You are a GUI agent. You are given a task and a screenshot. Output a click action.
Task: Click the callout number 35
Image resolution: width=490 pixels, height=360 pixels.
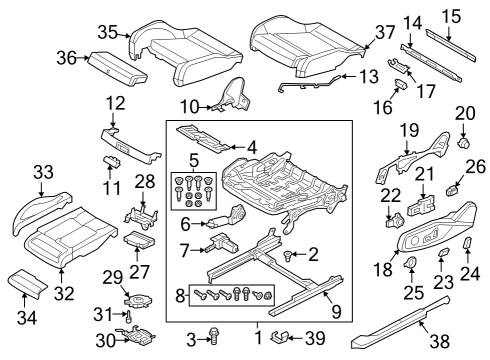point(107,33)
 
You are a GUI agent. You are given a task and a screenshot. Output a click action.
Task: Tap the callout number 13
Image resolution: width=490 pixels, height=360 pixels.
point(369,76)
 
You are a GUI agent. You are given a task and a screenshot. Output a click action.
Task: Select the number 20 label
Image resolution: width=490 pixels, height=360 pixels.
point(465,113)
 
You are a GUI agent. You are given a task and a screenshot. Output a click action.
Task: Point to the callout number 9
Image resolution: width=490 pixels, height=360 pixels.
point(336,311)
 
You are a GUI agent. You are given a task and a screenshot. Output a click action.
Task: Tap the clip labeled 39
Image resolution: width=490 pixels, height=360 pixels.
point(279,337)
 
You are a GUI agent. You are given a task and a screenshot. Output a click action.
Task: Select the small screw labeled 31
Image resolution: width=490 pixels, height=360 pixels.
point(129,316)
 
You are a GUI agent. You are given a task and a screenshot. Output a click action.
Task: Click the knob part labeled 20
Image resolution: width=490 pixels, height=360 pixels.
point(463,143)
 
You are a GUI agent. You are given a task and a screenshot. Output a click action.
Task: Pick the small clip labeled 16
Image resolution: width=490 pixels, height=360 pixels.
point(400,83)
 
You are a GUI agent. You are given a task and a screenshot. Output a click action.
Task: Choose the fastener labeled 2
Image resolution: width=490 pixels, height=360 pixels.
point(287,256)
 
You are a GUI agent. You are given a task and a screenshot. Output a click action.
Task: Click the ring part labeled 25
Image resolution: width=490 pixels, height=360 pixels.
point(411,262)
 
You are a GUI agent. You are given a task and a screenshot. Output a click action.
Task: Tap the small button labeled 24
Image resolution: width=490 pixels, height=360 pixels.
point(467,242)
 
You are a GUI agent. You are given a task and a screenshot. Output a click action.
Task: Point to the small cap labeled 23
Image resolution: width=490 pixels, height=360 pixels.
point(443,252)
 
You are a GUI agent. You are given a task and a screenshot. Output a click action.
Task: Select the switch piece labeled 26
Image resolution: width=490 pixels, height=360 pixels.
point(452,190)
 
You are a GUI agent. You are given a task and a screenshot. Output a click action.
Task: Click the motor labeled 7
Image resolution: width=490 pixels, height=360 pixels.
point(223,244)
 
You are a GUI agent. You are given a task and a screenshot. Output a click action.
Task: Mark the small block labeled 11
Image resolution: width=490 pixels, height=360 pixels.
point(111,160)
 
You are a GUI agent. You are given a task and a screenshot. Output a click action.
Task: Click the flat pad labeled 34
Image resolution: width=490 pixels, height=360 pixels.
point(27,282)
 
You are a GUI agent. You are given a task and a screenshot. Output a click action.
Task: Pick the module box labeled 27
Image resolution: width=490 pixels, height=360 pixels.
point(139,239)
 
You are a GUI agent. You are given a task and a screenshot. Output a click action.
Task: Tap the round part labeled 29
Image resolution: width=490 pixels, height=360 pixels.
point(138,300)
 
